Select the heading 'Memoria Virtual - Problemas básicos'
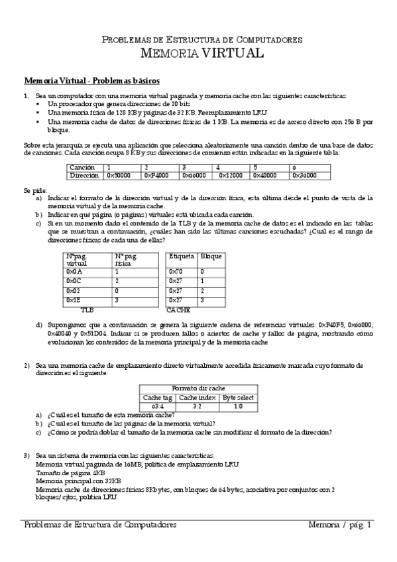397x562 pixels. click(91, 81)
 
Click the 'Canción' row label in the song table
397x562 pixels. click(82, 168)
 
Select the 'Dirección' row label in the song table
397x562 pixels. click(84, 175)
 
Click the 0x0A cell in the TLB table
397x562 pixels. click(74, 272)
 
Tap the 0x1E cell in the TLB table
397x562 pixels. click(74, 300)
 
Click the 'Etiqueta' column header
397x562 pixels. click(181, 256)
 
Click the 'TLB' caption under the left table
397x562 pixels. click(87, 309)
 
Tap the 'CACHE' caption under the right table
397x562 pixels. click(178, 309)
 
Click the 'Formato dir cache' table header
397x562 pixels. click(199, 388)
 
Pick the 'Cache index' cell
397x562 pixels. click(198, 397)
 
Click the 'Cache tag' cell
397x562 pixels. click(158, 397)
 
